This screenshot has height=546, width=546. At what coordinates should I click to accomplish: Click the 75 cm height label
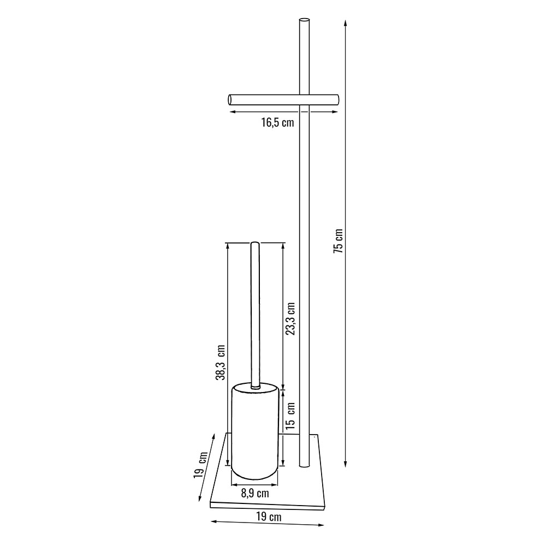338,241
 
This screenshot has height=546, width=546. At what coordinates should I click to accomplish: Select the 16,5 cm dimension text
278,122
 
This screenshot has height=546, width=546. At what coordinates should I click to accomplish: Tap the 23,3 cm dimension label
290,319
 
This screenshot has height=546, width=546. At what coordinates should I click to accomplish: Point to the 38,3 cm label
221,362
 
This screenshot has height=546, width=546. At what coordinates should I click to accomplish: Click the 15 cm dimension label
290,416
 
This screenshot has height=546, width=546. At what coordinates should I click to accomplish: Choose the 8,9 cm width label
255,493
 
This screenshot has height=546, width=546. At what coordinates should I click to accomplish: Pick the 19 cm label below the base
269,517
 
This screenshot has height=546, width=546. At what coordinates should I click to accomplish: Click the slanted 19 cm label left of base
201,465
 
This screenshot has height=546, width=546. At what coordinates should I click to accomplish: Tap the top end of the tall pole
304,20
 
